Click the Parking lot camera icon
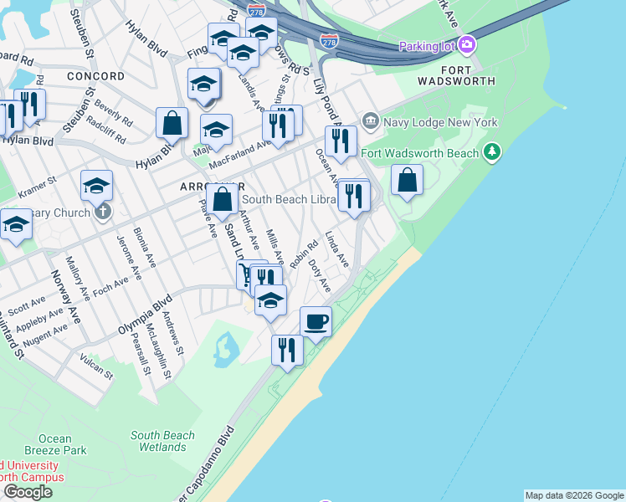pos(467,44)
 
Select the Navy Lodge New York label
pos(440,122)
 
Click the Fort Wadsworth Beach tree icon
pos(493,151)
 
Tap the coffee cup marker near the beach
pos(316,321)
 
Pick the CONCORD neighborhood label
pos(95,76)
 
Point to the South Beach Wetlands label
pos(162,441)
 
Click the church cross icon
pos(102,212)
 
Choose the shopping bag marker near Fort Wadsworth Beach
pos(407,180)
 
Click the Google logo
pos(28,492)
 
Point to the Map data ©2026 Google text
pos(574,495)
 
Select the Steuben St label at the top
pos(80,25)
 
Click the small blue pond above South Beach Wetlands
pos(223,350)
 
